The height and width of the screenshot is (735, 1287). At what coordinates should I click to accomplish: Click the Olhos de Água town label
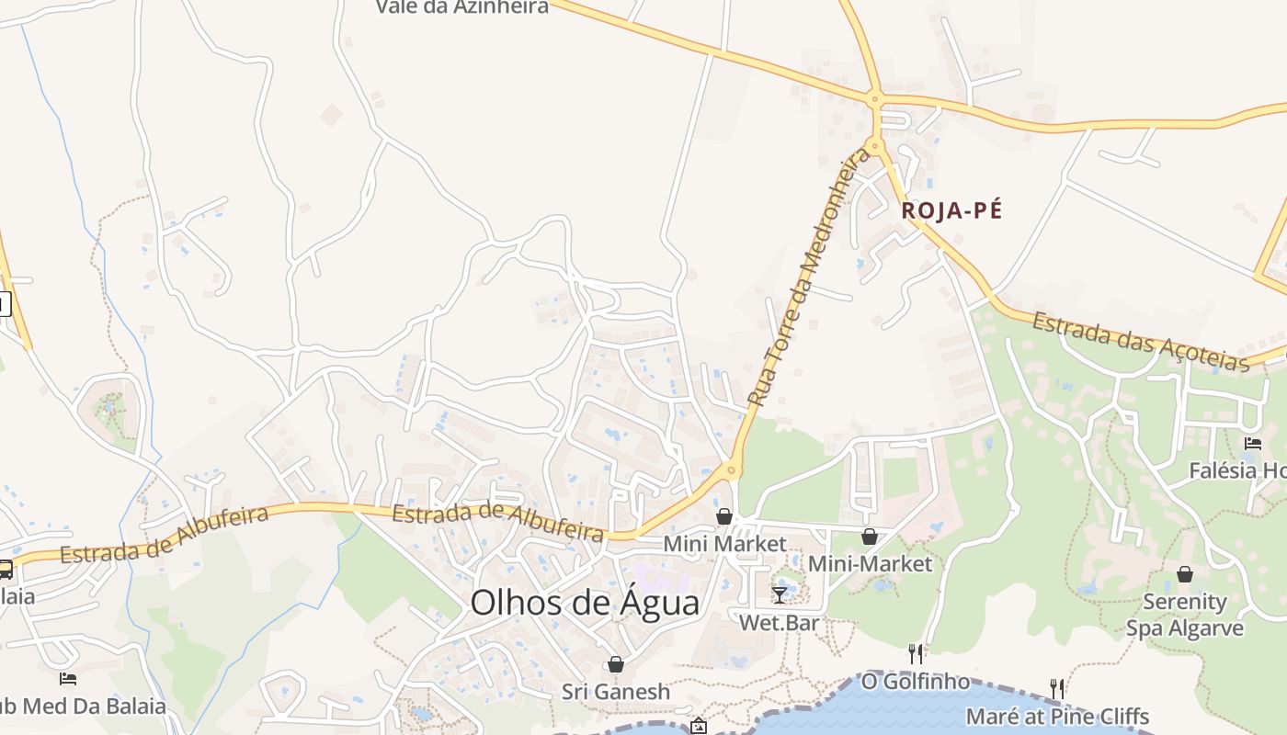(x=585, y=604)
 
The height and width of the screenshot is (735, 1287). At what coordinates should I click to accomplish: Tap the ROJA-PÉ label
(x=951, y=210)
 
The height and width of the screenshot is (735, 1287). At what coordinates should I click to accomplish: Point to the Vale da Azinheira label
(x=462, y=7)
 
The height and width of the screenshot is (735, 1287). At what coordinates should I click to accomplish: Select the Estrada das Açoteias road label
(x=1140, y=339)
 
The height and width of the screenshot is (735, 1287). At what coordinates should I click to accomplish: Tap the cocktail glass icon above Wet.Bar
(x=780, y=594)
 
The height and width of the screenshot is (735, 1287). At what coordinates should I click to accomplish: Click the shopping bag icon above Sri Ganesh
(x=616, y=664)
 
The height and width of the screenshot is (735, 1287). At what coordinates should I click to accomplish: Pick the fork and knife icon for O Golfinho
(x=916, y=653)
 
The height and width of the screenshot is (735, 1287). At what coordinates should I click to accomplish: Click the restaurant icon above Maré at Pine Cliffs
(x=1057, y=688)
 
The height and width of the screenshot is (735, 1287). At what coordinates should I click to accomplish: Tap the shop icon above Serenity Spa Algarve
(x=1185, y=574)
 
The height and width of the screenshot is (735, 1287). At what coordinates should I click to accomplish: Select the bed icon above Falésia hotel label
(x=1252, y=444)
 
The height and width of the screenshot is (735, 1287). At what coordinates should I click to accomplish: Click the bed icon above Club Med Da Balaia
(x=67, y=679)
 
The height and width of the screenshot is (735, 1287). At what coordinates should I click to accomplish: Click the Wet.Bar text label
(x=780, y=624)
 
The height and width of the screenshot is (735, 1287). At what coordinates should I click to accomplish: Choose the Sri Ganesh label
(x=616, y=692)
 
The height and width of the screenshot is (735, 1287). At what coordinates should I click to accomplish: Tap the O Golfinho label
(x=915, y=682)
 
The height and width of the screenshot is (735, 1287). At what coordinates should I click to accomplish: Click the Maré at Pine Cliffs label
(x=1057, y=716)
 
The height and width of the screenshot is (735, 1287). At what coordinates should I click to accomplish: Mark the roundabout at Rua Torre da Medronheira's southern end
(x=732, y=470)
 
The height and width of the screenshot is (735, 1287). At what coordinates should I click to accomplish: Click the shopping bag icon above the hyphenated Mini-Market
(x=869, y=537)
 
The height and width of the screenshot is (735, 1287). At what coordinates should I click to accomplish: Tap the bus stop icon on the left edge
(x=5, y=569)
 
